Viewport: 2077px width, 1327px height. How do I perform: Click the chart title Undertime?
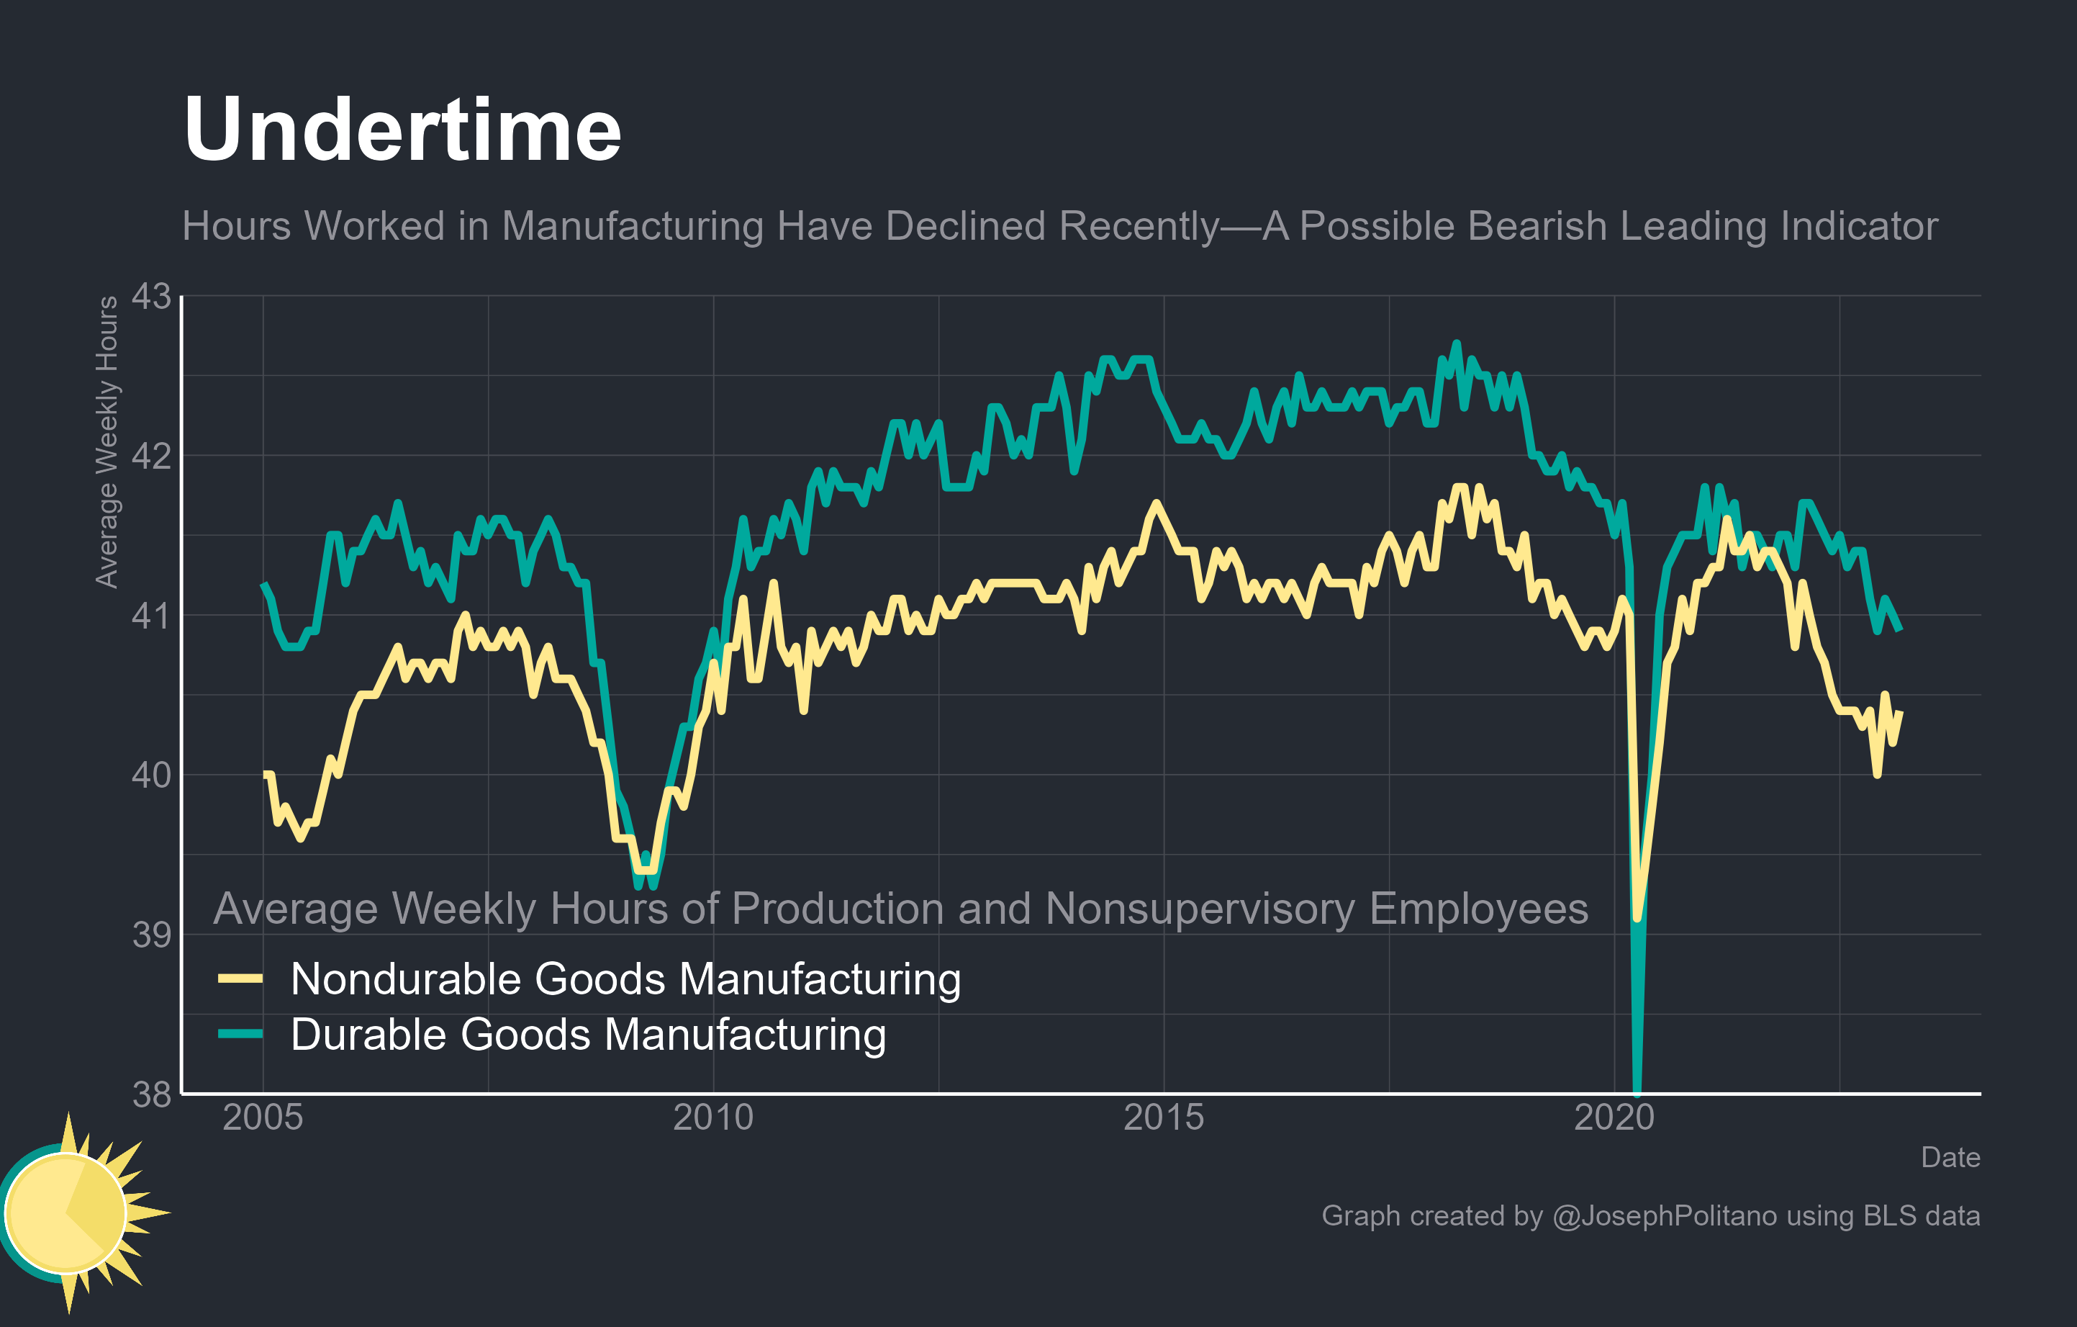[402, 130]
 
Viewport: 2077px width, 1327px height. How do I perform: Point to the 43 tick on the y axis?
[151, 296]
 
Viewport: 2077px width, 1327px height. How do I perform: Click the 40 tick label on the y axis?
[151, 775]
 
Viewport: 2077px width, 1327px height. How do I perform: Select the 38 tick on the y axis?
[151, 1094]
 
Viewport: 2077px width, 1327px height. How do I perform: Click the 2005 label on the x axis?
[263, 1117]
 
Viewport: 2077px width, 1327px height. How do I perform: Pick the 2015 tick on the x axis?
[1164, 1117]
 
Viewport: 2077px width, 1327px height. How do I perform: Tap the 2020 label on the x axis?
[1614, 1117]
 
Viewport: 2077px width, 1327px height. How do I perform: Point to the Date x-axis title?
[1950, 1157]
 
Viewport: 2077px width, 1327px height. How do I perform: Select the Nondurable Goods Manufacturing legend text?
[625, 979]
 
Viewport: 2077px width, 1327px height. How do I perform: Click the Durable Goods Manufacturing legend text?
[588, 1035]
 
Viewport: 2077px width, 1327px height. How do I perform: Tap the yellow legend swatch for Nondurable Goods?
[240, 979]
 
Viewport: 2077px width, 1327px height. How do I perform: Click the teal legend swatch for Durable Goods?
[240, 1034]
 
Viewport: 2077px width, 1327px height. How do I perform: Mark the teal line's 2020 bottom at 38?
[1637, 1091]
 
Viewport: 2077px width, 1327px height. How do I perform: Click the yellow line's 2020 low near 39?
[1637, 917]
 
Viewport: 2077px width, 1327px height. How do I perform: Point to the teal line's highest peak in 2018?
[1457, 343]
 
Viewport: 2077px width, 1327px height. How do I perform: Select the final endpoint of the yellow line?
[1900, 713]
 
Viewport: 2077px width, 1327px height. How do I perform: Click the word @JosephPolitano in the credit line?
[1665, 1215]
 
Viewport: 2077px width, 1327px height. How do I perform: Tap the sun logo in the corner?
[73, 1213]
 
